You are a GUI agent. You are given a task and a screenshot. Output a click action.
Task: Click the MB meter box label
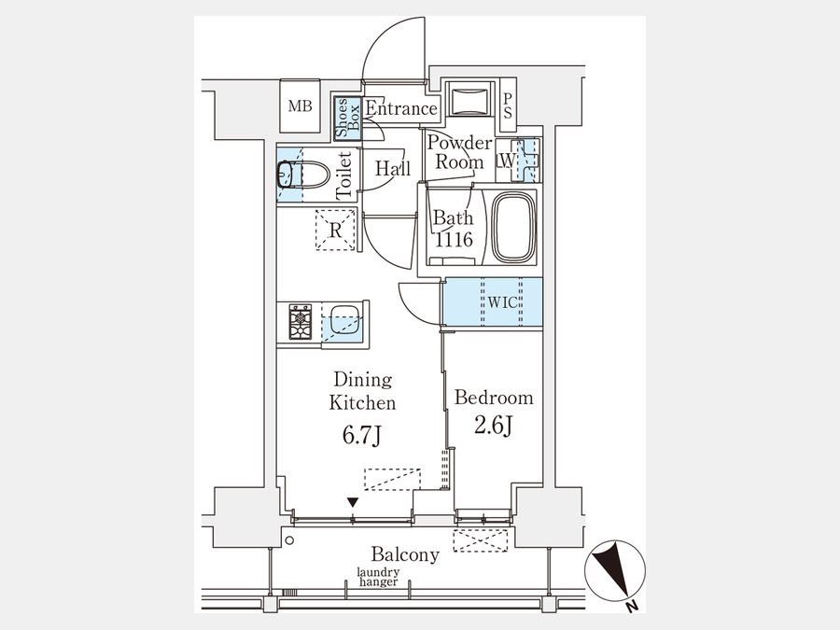(300, 106)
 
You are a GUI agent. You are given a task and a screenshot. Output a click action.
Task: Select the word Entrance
(401, 109)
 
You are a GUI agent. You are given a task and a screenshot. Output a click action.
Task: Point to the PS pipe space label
(508, 106)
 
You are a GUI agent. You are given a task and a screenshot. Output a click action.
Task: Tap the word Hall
(393, 168)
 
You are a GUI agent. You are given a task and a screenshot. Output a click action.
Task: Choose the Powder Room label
(459, 152)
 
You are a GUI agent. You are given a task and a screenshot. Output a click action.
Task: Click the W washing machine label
(506, 161)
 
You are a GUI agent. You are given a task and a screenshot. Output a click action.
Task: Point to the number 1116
(454, 240)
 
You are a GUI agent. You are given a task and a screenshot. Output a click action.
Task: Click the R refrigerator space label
(336, 231)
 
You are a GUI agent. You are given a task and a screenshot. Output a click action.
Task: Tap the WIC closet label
(502, 302)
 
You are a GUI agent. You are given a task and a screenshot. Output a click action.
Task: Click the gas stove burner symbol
(301, 321)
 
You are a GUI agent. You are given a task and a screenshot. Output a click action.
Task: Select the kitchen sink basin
(343, 320)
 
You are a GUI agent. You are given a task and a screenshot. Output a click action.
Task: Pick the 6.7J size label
(361, 436)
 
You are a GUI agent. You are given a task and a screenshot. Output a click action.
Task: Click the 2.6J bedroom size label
(494, 426)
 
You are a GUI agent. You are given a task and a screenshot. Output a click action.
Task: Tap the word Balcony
(406, 553)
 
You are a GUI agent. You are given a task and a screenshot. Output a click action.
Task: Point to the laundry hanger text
(378, 578)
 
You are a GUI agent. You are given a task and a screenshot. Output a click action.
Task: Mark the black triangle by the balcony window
(353, 502)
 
